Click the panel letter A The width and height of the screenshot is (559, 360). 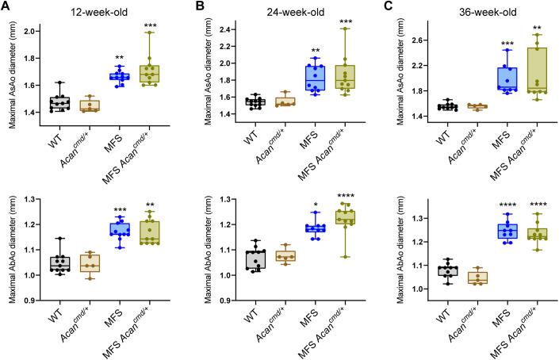pos(6,7)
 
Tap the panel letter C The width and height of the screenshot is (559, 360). pos(382,7)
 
